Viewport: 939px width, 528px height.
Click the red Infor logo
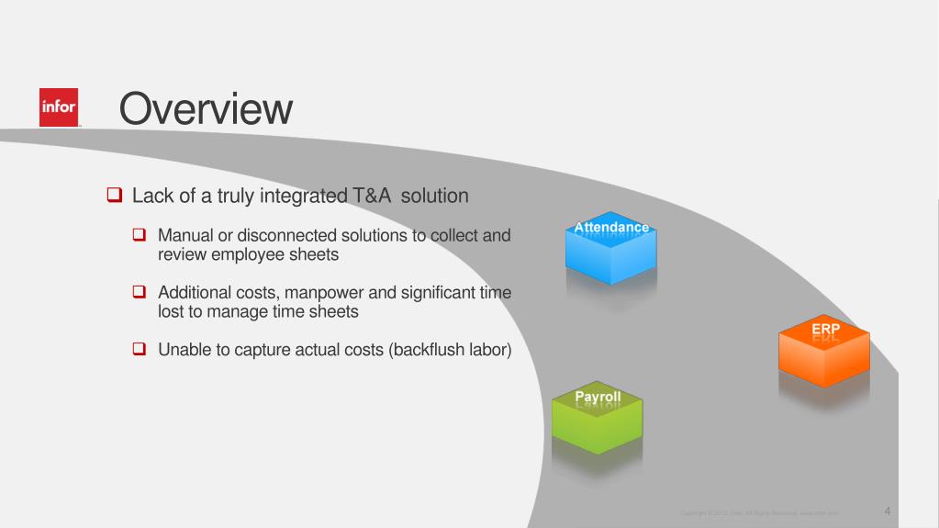(59, 107)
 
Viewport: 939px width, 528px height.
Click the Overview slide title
(206, 109)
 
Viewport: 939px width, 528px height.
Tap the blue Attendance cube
(610, 251)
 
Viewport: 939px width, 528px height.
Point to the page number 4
(888, 510)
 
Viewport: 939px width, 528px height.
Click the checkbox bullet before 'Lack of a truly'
(114, 196)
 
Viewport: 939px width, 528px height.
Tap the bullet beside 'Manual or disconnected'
(140, 236)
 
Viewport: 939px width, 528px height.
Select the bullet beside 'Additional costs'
(140, 293)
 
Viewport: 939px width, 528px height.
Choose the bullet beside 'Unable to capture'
(140, 350)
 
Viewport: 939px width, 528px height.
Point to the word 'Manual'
(184, 236)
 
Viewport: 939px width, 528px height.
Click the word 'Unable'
(183, 350)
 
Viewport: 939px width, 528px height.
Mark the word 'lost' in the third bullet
(171, 312)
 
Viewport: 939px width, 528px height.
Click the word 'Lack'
(151, 196)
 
